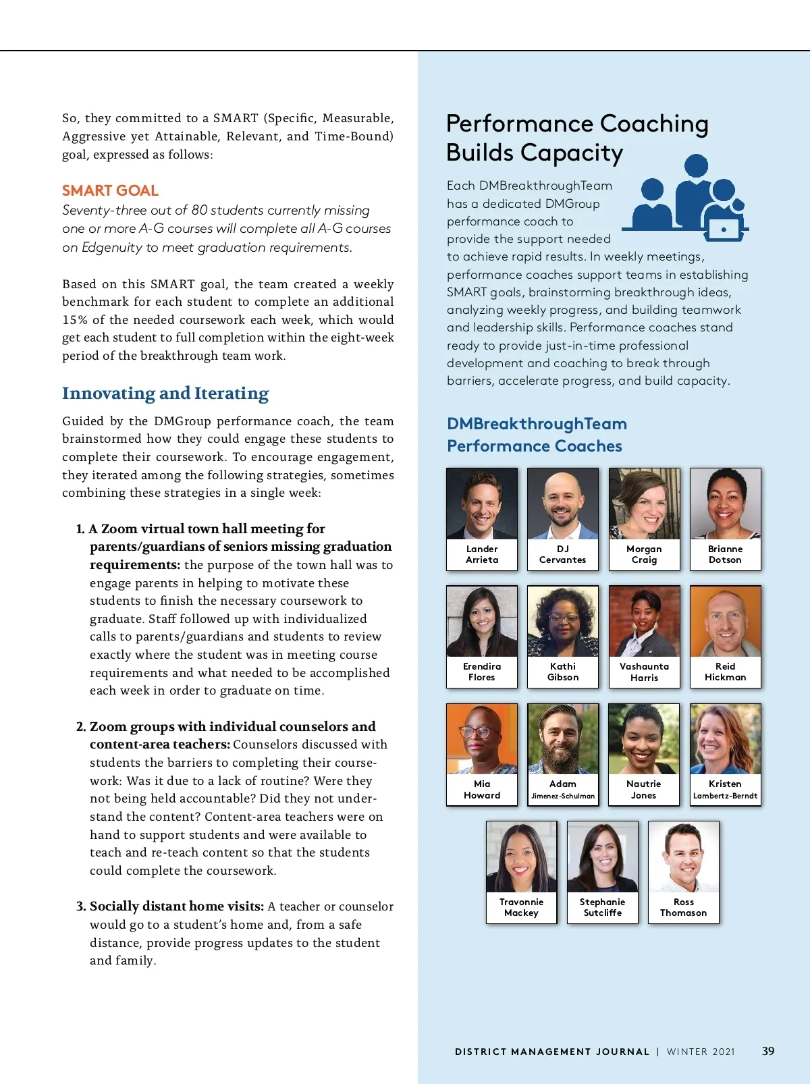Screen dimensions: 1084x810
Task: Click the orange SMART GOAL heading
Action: [x=110, y=191]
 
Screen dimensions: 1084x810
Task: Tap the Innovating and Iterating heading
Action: [x=165, y=394]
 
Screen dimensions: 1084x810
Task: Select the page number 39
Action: [x=768, y=1051]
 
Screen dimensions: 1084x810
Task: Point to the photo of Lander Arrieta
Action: [x=482, y=504]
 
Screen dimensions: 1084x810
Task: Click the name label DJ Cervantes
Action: [x=563, y=554]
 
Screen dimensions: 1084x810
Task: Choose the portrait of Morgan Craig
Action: [x=644, y=504]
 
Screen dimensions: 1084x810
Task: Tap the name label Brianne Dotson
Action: [x=725, y=554]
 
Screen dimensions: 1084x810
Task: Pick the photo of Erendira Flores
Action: [x=482, y=622]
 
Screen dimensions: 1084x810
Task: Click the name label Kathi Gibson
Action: [x=563, y=672]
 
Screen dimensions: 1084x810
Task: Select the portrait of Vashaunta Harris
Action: [x=644, y=622]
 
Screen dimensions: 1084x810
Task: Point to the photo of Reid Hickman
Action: [x=725, y=622]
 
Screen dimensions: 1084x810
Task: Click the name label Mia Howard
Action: [x=482, y=790]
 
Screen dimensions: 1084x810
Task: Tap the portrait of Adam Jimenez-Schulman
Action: [x=563, y=739]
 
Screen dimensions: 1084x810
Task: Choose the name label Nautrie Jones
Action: [x=644, y=790]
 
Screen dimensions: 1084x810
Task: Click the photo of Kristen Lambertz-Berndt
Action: [x=725, y=739]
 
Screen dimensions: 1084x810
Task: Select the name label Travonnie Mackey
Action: [x=521, y=907]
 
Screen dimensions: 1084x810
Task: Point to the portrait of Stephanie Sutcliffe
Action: [x=603, y=857]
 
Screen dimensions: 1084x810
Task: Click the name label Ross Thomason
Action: [x=684, y=907]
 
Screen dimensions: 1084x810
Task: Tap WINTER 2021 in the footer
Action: [x=701, y=1052]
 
